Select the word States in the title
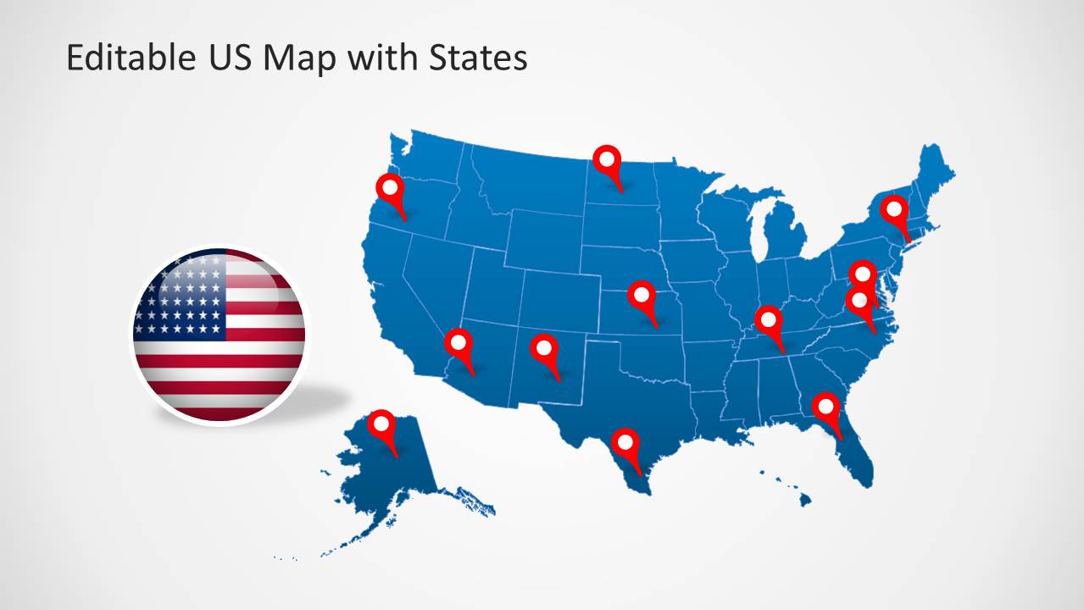coord(477,58)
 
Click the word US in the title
coord(226,58)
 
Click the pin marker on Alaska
coord(382,424)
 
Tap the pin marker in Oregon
coord(391,188)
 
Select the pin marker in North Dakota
coord(606,159)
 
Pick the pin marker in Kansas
coord(642,296)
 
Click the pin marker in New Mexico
coord(543,347)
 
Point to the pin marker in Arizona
coord(459,343)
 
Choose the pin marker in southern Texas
coord(625,442)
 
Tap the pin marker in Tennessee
coord(769,320)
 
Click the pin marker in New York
coord(893,208)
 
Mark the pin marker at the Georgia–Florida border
coord(825,407)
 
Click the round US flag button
coord(219,335)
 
